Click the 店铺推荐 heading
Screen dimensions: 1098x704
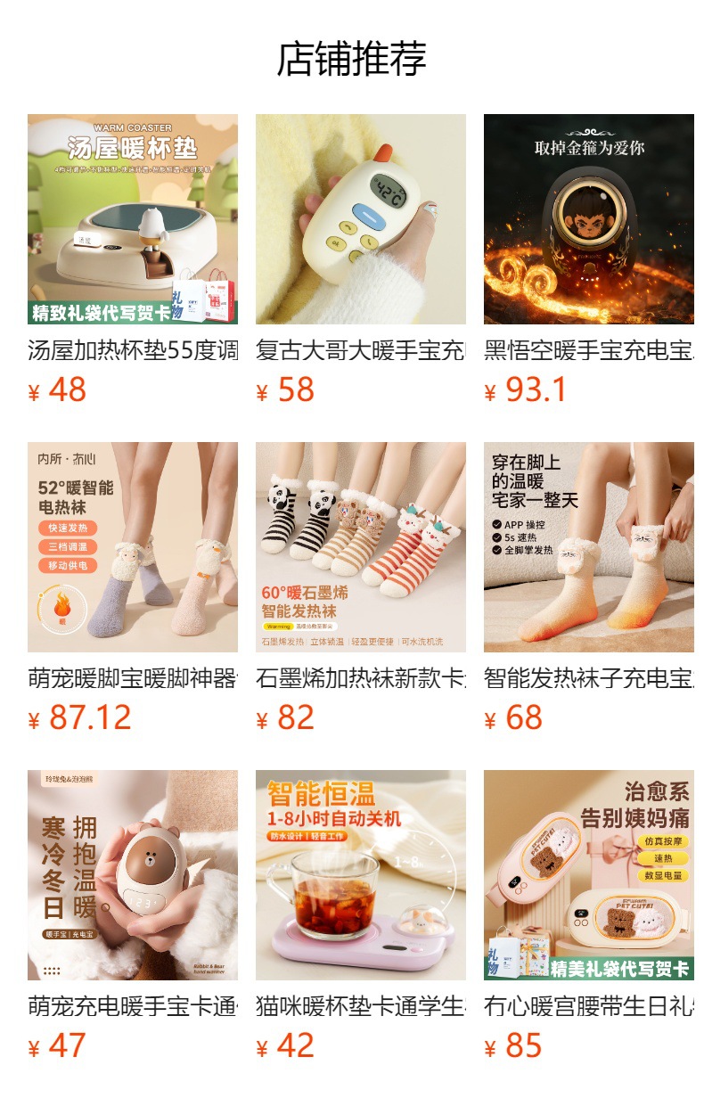351,59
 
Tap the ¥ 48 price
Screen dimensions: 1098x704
58,390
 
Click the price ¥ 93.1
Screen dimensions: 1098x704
526,390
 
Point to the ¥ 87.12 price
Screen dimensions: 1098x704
79,718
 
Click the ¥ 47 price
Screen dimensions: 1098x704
58,1046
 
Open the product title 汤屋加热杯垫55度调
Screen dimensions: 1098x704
132,350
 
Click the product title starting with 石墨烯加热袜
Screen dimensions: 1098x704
360,678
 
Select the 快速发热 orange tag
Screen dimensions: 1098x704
68,528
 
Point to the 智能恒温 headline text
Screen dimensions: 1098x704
333,793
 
